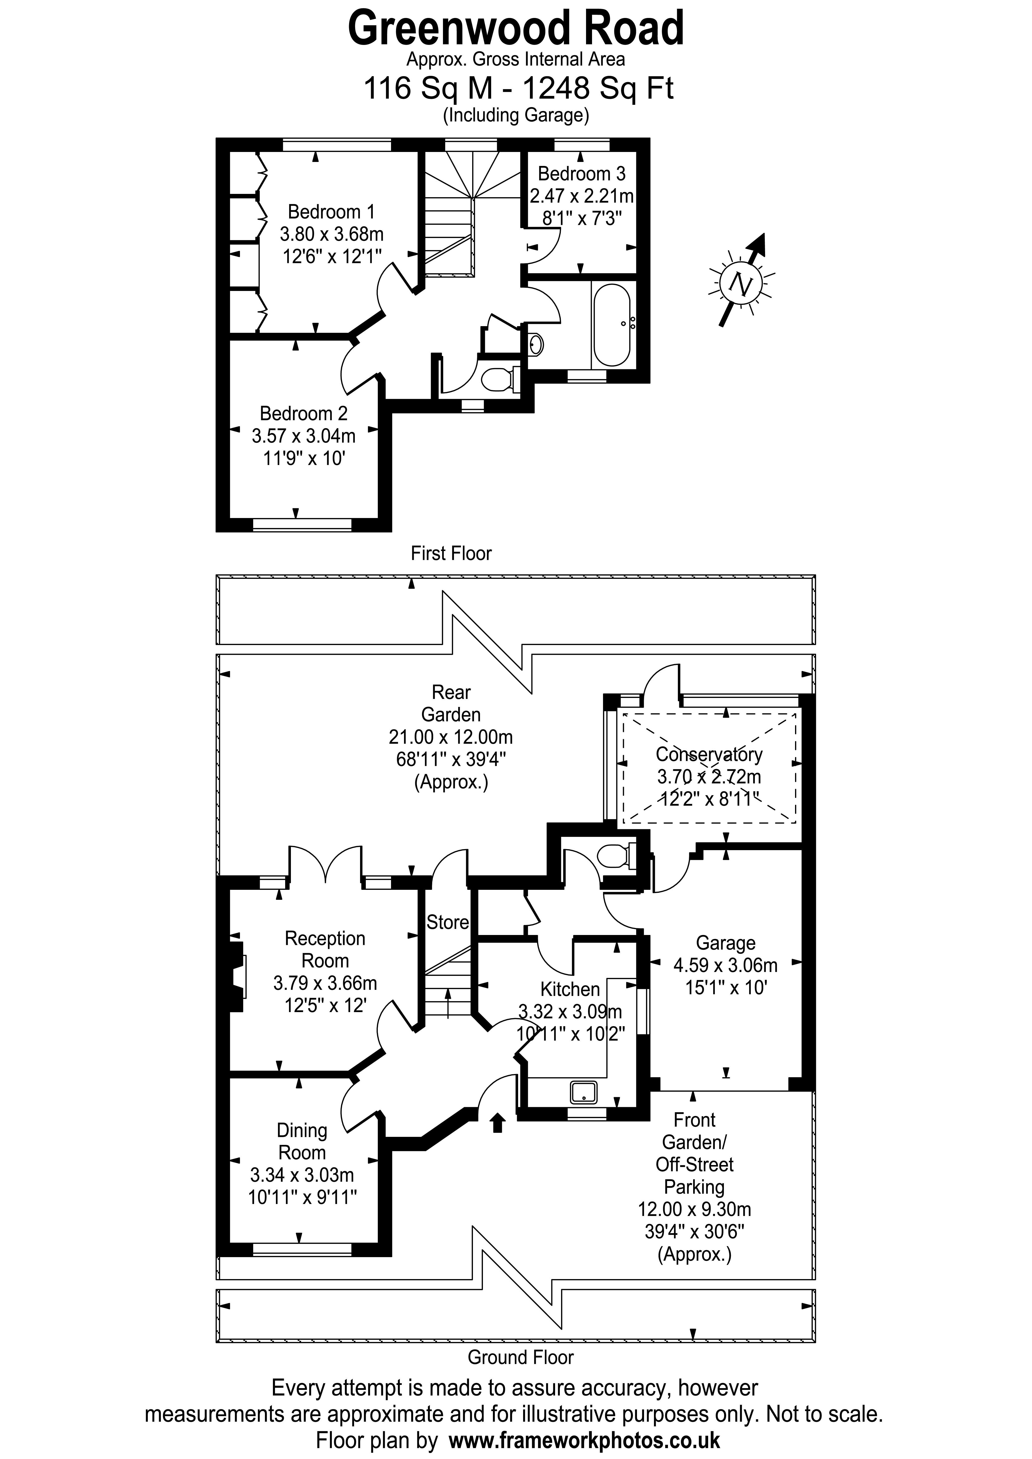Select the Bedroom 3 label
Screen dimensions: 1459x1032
click(x=581, y=173)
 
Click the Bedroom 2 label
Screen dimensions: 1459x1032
click(x=303, y=414)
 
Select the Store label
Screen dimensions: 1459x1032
click(x=447, y=922)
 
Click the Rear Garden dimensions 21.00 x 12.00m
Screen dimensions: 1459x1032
click(x=451, y=737)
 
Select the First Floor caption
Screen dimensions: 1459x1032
click(x=451, y=553)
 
